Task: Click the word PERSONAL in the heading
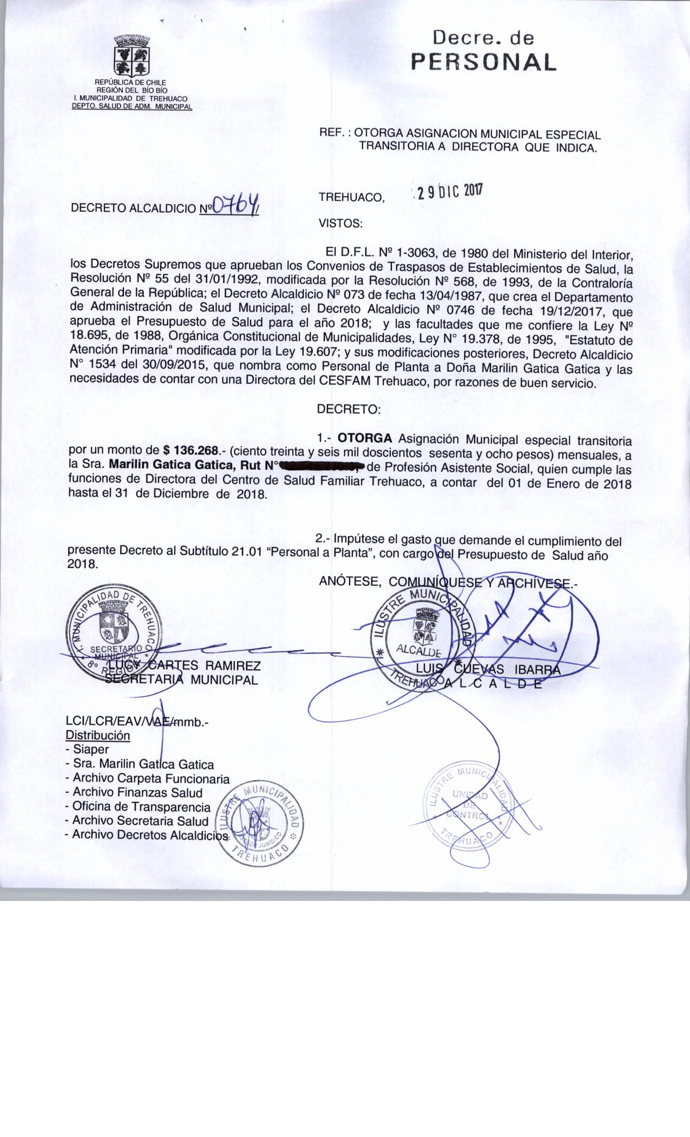pyautogui.click(x=483, y=62)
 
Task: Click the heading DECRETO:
pyautogui.click(x=349, y=409)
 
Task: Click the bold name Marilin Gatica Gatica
pyautogui.click(x=173, y=465)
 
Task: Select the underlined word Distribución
pyautogui.click(x=97, y=736)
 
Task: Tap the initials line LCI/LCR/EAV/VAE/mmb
pyautogui.click(x=136, y=722)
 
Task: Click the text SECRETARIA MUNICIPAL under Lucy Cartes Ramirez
pyautogui.click(x=181, y=679)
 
